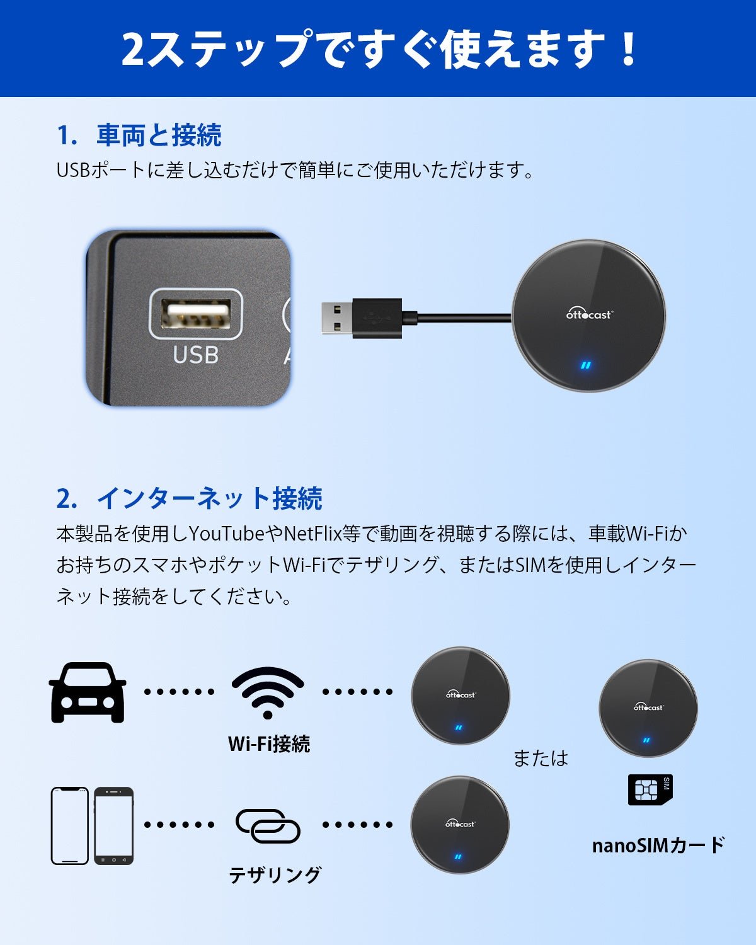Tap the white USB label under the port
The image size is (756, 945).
196,355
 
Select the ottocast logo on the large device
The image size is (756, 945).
589,314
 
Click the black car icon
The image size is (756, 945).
88,692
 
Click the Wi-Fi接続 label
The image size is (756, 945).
269,744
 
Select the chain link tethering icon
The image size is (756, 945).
268,825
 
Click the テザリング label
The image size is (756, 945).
275,874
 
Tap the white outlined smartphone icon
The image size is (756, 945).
69,825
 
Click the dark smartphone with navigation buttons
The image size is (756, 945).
114,825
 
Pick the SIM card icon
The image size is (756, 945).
650,790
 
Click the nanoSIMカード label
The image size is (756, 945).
658,845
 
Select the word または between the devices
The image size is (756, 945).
541,758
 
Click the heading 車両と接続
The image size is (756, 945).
159,135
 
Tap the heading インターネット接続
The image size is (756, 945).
209,498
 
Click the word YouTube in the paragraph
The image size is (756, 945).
227,534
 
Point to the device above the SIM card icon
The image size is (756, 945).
648,708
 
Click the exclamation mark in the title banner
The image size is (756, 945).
628,49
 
